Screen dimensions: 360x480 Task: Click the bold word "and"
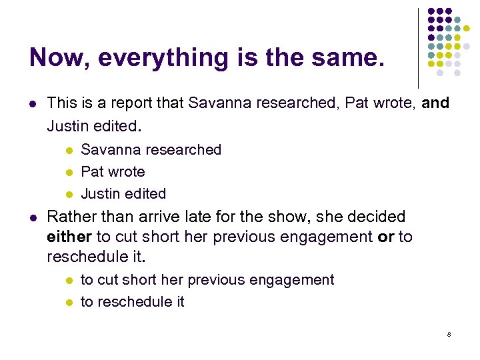tap(435, 103)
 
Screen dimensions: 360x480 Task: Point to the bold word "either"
tap(69, 237)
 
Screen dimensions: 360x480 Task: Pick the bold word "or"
tap(385, 237)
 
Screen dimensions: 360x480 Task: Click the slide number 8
tap(449, 333)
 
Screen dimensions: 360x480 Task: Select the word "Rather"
tap(69, 217)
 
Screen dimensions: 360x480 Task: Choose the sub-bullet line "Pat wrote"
tap(113, 172)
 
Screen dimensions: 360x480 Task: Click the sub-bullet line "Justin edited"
tap(123, 194)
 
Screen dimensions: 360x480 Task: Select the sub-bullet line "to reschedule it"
tap(132, 302)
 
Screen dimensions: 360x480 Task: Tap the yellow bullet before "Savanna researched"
tap(68, 151)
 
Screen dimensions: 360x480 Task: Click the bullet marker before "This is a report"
tap(33, 104)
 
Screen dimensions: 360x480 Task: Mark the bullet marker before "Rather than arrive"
tap(33, 217)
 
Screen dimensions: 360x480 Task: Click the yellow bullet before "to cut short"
tap(68, 281)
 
